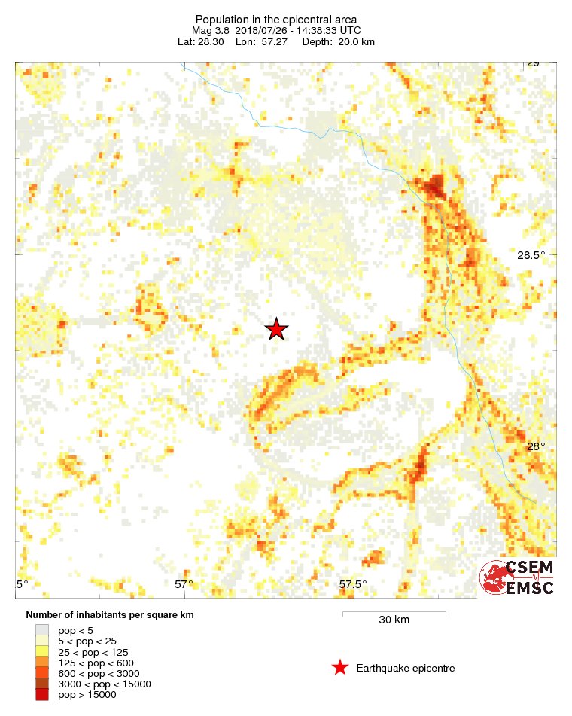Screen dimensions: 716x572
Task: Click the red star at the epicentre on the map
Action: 277,329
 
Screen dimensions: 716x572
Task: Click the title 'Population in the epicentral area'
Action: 276,20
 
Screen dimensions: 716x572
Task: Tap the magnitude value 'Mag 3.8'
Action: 211,31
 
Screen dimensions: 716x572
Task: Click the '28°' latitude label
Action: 536,446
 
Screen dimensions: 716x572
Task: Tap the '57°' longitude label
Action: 184,583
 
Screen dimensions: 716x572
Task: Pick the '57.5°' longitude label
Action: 352,583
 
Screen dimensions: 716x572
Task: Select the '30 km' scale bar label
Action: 394,620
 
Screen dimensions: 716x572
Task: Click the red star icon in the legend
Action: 340,668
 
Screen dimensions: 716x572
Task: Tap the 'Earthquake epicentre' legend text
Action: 406,669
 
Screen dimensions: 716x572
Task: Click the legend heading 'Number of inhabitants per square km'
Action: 110,615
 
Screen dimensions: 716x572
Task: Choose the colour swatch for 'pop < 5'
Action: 42,629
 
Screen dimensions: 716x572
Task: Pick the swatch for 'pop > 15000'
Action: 42,695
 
